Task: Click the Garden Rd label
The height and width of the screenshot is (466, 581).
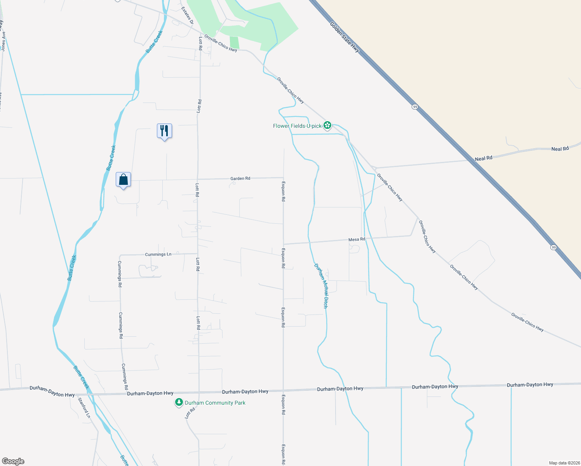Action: coord(240,179)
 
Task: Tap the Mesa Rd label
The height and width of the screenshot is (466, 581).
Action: coord(357,239)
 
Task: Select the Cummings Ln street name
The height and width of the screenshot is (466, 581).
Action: coord(158,254)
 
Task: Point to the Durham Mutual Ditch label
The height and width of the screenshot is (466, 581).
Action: coord(320,286)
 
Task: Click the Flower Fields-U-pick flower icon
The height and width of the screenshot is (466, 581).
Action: coord(328,125)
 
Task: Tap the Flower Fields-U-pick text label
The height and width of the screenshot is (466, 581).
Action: coord(297,126)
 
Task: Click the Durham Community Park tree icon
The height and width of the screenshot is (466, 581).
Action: coord(179,403)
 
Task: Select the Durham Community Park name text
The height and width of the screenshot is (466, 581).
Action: coord(215,403)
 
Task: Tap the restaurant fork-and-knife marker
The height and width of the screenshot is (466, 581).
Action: coord(164,131)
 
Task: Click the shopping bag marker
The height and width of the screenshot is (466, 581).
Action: coord(123,179)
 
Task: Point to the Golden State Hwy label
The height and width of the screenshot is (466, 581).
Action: coord(344,37)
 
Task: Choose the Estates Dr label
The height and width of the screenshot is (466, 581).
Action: coord(187,16)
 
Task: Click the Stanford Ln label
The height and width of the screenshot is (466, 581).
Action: coord(84,408)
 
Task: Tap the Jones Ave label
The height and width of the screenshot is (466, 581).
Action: coord(3,41)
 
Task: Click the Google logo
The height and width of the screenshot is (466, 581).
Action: coord(13,461)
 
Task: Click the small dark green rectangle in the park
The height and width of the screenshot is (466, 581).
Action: coord(234,42)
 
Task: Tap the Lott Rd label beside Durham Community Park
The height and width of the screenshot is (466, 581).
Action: coord(190,413)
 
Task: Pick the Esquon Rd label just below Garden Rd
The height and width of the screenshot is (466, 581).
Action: coord(284,191)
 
